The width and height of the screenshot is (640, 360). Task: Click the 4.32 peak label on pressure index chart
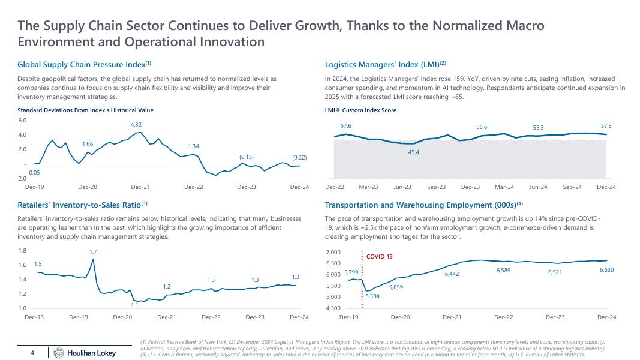tap(136, 124)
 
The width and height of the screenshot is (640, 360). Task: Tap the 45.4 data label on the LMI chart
tap(413, 152)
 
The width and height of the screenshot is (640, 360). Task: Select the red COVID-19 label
tap(379, 257)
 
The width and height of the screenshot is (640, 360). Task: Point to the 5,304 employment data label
tap(372, 296)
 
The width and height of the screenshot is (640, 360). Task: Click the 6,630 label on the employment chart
tap(606, 271)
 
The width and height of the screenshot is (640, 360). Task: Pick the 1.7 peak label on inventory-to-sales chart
tap(93, 251)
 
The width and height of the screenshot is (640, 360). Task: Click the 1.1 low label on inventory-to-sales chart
tap(134, 305)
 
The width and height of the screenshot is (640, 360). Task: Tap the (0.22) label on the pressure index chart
tap(299, 157)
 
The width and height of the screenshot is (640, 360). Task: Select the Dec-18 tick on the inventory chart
tap(35, 316)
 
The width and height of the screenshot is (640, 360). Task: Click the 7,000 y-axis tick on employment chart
tap(333, 253)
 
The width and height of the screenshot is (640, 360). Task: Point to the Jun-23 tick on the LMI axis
tap(402, 187)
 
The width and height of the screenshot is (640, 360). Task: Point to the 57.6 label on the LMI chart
tap(345, 126)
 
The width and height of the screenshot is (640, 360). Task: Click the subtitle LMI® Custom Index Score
tap(360, 110)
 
